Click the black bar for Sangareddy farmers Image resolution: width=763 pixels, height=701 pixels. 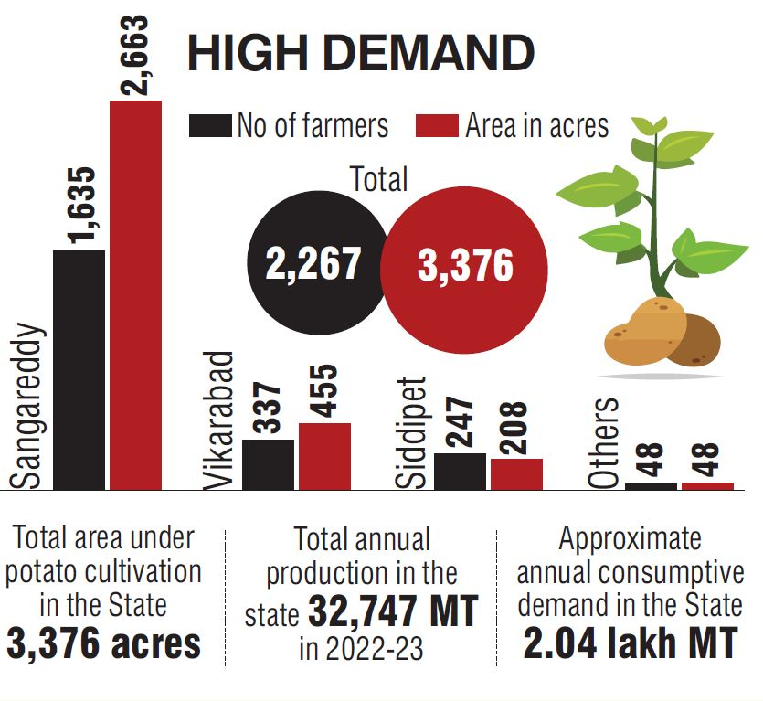pyautogui.click(x=79, y=369)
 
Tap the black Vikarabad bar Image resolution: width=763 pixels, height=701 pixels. pyautogui.click(x=268, y=464)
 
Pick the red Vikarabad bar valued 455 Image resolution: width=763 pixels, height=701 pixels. pyautogui.click(x=324, y=456)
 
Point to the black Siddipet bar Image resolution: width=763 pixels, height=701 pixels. pyautogui.click(x=460, y=471)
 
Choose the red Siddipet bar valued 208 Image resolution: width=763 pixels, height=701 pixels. pyautogui.click(x=516, y=473)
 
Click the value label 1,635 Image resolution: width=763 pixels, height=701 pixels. pyautogui.click(x=81, y=207)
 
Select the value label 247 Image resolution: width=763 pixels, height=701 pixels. pyautogui.click(x=461, y=421)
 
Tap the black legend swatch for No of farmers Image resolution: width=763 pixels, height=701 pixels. pyautogui.click(x=209, y=126)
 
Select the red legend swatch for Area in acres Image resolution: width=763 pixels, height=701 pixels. pyautogui.click(x=437, y=126)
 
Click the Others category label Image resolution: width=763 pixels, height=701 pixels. pyautogui.click(x=604, y=443)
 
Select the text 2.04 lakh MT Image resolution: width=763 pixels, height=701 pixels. pyautogui.click(x=630, y=643)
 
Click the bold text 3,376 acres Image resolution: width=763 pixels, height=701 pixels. pyautogui.click(x=104, y=643)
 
